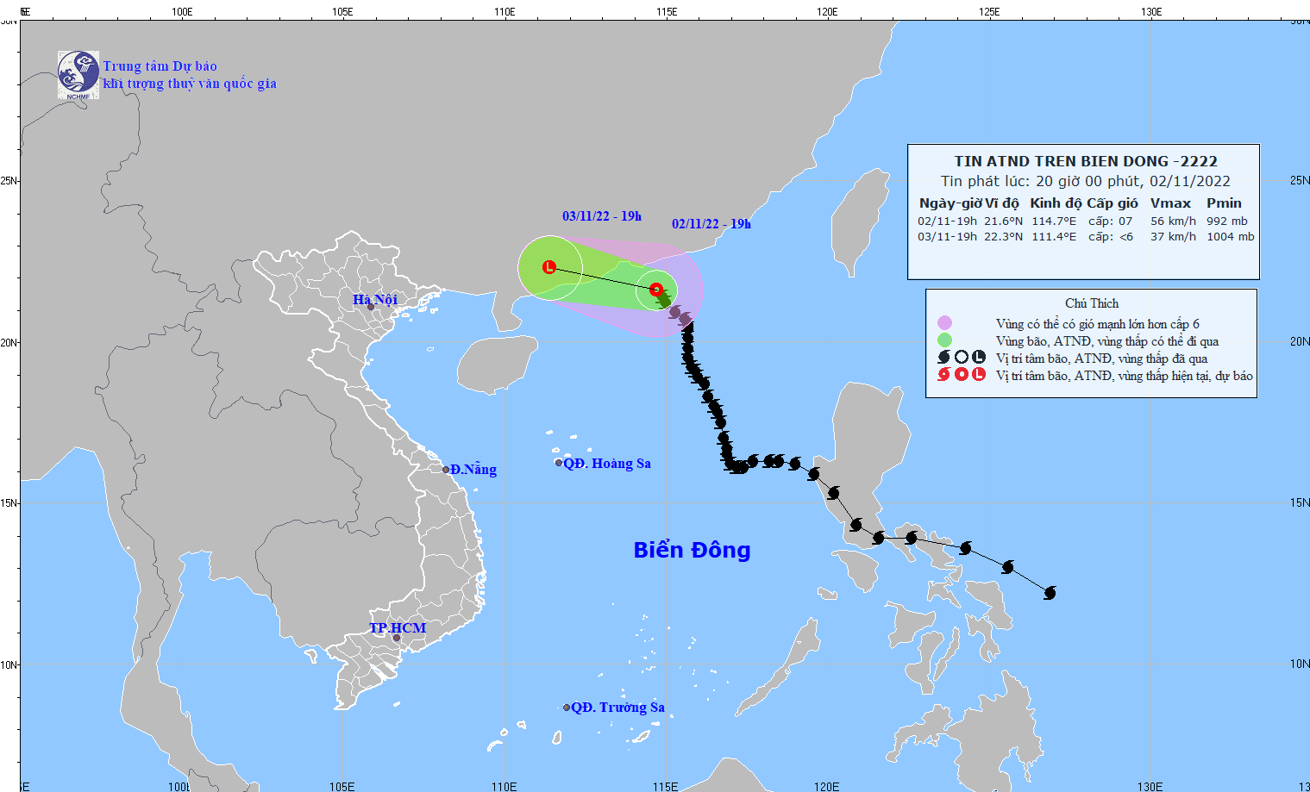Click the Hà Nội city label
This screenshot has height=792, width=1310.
(x=375, y=299)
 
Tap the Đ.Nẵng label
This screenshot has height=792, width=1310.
(x=473, y=470)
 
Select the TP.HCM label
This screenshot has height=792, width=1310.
(x=398, y=627)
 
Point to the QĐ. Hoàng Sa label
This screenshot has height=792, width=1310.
(x=607, y=464)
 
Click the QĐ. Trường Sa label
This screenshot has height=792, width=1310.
(x=617, y=708)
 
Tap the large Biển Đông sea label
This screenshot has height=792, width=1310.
(x=692, y=550)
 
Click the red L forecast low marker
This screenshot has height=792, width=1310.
(x=549, y=267)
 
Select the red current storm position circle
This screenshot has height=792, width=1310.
(x=655, y=290)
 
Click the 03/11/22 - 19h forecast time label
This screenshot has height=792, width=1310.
(x=602, y=216)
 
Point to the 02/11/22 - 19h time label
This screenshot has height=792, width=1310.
(x=711, y=224)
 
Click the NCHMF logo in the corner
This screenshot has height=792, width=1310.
(x=78, y=74)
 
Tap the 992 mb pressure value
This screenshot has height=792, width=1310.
(x=1226, y=221)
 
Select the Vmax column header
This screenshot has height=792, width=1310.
(x=1170, y=203)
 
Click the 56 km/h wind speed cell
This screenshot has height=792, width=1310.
(x=1173, y=221)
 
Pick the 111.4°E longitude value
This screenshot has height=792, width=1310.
(x=1054, y=237)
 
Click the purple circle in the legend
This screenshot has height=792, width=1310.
(x=944, y=323)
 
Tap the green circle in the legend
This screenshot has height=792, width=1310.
(x=944, y=340)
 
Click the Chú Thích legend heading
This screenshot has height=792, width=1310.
(x=1092, y=303)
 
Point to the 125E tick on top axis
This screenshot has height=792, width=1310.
(x=989, y=12)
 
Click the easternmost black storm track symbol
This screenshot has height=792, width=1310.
(x=1050, y=593)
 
